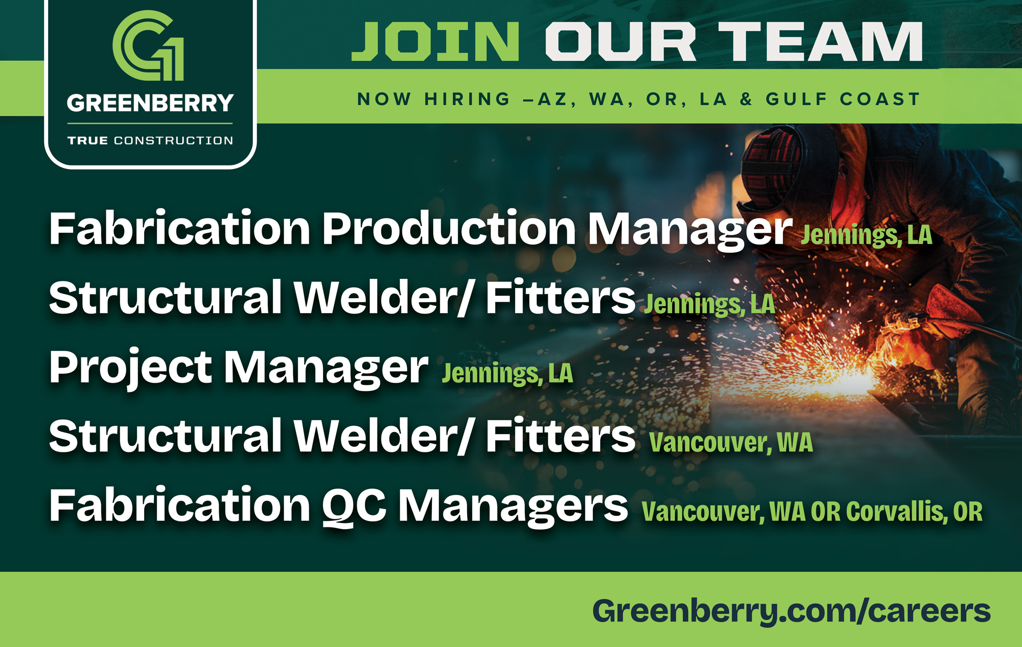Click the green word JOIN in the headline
point(435,41)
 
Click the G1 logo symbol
point(148,45)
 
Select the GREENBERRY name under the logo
point(150,103)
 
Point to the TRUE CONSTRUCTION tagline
point(150,140)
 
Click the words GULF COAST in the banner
point(843,99)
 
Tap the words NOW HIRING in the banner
point(434,99)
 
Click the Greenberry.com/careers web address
point(792,611)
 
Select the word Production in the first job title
point(449,228)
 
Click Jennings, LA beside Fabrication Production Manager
point(867,235)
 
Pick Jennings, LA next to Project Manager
point(507,374)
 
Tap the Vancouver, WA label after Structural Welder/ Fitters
point(731,443)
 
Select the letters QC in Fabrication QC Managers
point(354,507)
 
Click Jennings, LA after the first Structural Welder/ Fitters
point(710,304)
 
